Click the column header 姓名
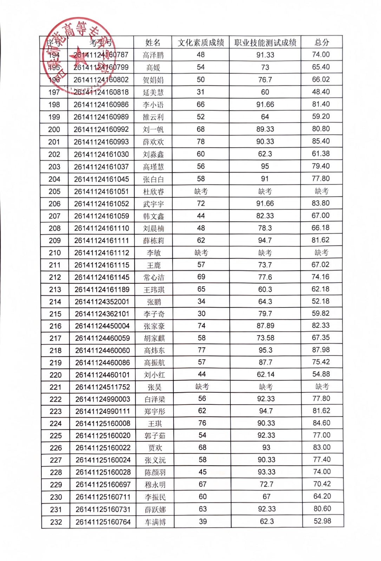tap(153, 43)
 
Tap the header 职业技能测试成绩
tap(265, 43)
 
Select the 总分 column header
tap(322, 42)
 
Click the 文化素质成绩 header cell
tap(201, 43)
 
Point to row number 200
tap(54, 129)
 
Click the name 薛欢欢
tap(153, 142)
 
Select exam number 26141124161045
tap(101, 179)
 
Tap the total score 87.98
tap(321, 350)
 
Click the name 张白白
tap(153, 180)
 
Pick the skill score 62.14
tap(265, 374)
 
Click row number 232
tap(56, 522)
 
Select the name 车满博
tap(155, 522)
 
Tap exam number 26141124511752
tap(103, 387)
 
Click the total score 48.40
tap(321, 92)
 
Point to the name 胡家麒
tap(154, 338)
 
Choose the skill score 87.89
tap(265, 326)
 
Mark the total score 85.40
tap(321, 141)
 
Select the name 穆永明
tap(155, 485)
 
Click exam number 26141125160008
tap(103, 424)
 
